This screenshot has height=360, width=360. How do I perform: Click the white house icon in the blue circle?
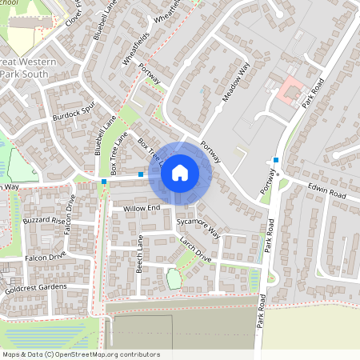point(180,172)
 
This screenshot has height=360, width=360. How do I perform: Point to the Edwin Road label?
point(326,193)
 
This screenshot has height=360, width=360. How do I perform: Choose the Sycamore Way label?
point(198,226)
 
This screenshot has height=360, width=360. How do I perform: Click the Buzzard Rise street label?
point(44,219)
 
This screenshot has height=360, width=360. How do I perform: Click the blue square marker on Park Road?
point(276,160)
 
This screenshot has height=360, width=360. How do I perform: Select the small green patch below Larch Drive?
point(174,279)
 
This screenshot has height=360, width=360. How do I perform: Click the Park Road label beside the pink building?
point(311,92)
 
